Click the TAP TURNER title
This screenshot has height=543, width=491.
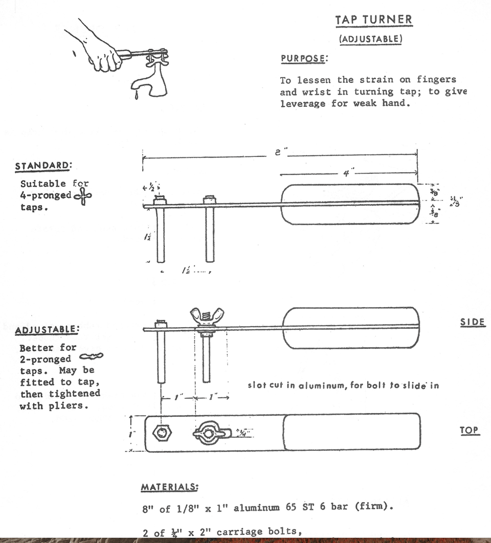tap(373, 20)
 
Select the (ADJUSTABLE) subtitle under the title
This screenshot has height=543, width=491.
tap(370, 39)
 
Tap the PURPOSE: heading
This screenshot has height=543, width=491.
tap(304, 58)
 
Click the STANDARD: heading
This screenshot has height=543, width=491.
tap(43, 166)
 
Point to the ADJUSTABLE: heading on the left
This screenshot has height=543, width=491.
tap(47, 330)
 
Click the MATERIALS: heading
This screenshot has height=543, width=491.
tap(169, 487)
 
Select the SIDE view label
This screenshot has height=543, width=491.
tap(472, 323)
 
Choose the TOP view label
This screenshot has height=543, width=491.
tap(470, 430)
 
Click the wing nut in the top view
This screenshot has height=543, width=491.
tap(209, 434)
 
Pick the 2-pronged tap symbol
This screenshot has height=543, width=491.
tap(92, 357)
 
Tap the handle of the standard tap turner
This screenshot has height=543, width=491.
tap(350, 204)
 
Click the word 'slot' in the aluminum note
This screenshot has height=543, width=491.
tap(257, 386)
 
